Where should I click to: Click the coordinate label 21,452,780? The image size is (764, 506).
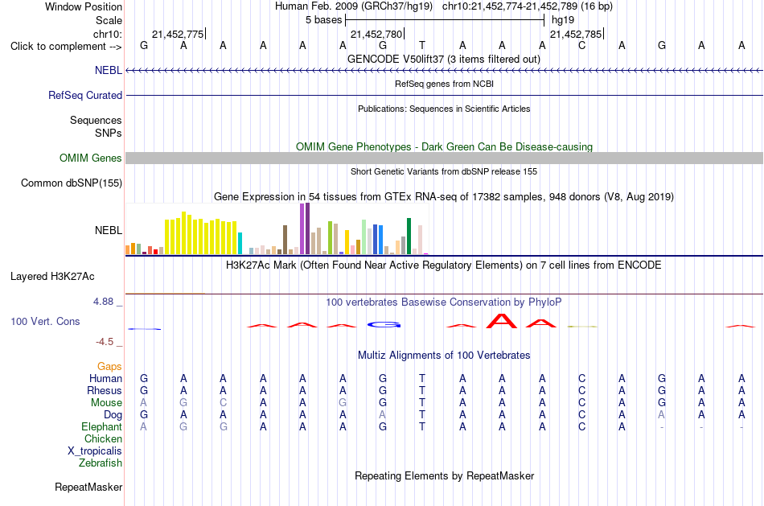pos(376,34)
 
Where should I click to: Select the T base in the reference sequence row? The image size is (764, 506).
pos(422,46)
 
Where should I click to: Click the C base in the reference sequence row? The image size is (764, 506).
pos(581,46)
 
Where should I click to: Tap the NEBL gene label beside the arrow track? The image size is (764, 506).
pos(109,70)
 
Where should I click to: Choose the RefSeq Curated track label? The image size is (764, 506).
pos(85,95)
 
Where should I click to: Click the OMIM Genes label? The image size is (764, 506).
pos(91,158)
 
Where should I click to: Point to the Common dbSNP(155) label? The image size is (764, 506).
pos(72,183)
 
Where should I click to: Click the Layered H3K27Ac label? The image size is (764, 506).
pos(52,277)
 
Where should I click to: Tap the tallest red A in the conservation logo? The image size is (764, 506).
pos(502,321)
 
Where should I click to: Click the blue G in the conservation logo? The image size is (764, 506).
pos(384,325)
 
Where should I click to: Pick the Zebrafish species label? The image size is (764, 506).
pos(101,463)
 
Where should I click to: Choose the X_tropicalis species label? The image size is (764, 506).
pos(95,451)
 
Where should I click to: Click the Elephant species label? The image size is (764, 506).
pos(102,426)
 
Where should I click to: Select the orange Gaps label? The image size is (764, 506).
pos(109,366)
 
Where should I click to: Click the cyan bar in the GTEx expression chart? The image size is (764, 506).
pos(240,243)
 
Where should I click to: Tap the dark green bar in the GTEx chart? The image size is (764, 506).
pos(409,237)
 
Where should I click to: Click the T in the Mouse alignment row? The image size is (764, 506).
pos(422,403)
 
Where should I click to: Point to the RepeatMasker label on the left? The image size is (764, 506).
pos(88,487)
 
